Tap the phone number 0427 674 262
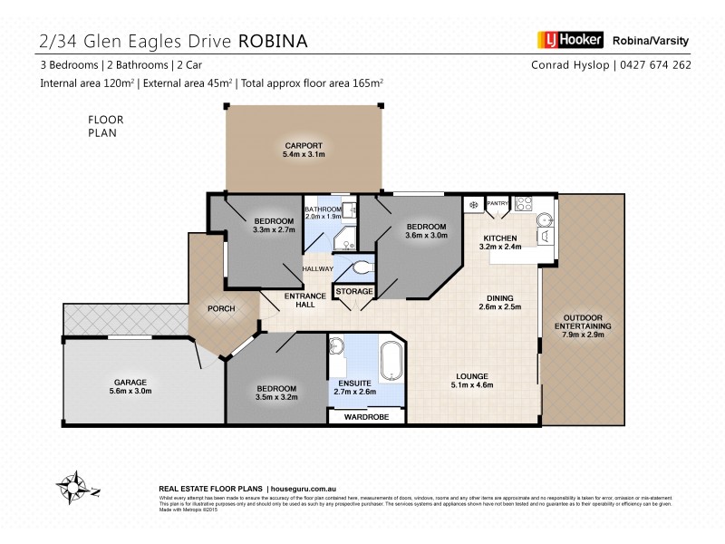point(664,65)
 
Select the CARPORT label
point(304,146)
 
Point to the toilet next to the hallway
point(362,268)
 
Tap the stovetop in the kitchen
point(524,205)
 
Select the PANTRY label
point(498,204)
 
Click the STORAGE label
point(354,291)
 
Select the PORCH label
point(221,309)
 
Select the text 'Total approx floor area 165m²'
point(312,83)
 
